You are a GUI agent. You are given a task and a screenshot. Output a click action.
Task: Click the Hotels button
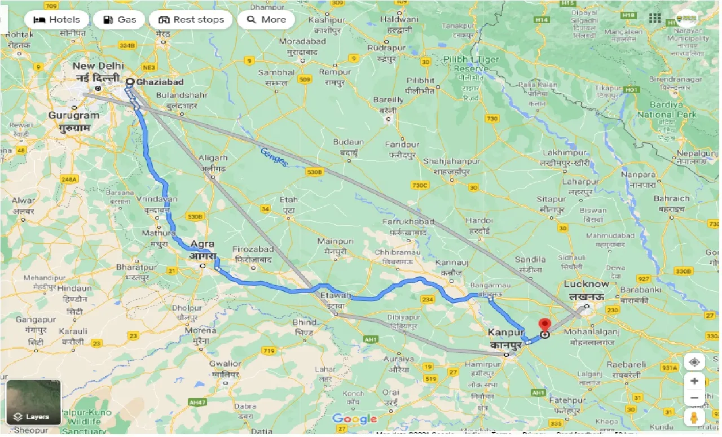click(x=56, y=20)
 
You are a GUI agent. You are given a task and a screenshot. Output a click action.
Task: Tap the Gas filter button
click(x=119, y=20)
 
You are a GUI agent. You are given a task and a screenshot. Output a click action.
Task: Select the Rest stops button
click(x=191, y=20)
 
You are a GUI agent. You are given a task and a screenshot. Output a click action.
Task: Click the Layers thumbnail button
click(x=33, y=403)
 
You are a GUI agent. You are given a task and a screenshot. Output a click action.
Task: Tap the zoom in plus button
click(x=694, y=381)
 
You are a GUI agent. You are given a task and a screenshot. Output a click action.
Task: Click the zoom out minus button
click(x=694, y=398)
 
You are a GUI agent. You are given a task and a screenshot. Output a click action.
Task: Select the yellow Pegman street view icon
click(x=694, y=418)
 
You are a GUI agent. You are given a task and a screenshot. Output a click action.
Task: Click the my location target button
click(x=694, y=362)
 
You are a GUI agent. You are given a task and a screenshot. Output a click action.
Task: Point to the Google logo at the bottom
click(x=354, y=419)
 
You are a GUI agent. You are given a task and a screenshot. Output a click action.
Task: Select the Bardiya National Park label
click(x=667, y=110)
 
